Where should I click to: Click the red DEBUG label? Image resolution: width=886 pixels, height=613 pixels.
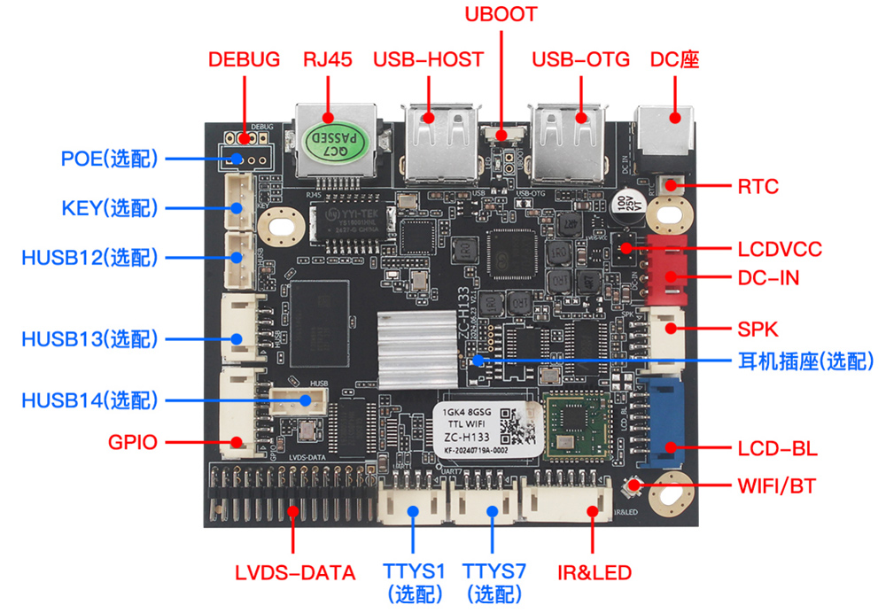[x=244, y=60]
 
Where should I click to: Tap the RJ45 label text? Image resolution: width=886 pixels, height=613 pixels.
[x=328, y=60]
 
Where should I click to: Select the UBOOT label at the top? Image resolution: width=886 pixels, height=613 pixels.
[x=501, y=14]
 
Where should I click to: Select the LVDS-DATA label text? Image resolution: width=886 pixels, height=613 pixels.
[x=295, y=572]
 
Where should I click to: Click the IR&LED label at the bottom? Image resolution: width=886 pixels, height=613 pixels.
[x=594, y=572]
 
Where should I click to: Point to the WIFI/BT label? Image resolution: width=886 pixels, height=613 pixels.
[x=776, y=486]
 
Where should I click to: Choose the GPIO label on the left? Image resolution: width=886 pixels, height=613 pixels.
[x=133, y=441]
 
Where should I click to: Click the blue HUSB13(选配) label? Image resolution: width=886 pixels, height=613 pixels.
[x=89, y=339]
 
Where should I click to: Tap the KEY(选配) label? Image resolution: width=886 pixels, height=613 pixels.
[x=110, y=208]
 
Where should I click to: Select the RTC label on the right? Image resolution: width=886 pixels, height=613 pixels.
[x=758, y=186]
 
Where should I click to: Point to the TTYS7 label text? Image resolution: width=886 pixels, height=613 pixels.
[x=494, y=571]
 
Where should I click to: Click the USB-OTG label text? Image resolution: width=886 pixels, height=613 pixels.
[x=580, y=60]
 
